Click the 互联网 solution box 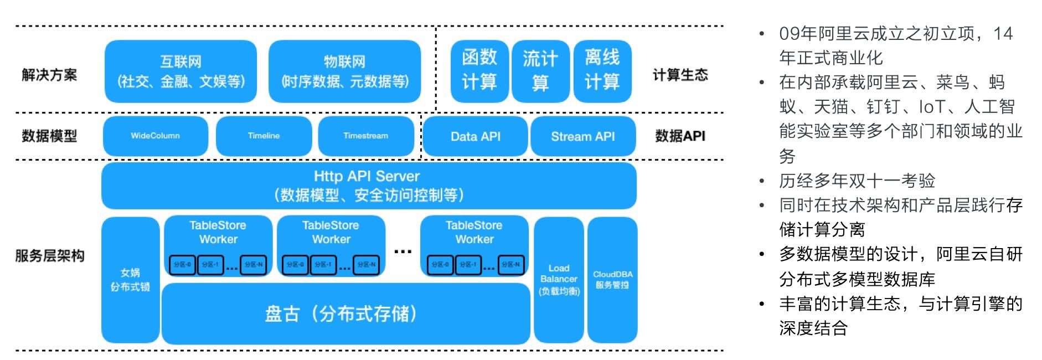[x=180, y=71]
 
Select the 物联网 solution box [x=344, y=71]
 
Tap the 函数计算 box [x=479, y=71]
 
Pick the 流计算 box [x=540, y=71]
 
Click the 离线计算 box [x=602, y=71]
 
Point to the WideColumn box [x=155, y=136]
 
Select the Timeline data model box [x=264, y=136]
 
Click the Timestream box [x=365, y=136]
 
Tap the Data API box [x=475, y=136]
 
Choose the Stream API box [x=582, y=136]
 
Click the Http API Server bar [x=369, y=186]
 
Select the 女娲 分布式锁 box [x=130, y=280]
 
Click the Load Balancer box [x=559, y=280]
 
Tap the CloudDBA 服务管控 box [x=612, y=280]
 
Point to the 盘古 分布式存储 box [x=345, y=314]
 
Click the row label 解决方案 [x=49, y=75]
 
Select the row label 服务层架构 [x=49, y=256]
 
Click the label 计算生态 [x=680, y=75]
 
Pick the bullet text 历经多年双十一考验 [x=857, y=181]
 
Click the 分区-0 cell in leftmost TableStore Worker [x=182, y=265]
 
